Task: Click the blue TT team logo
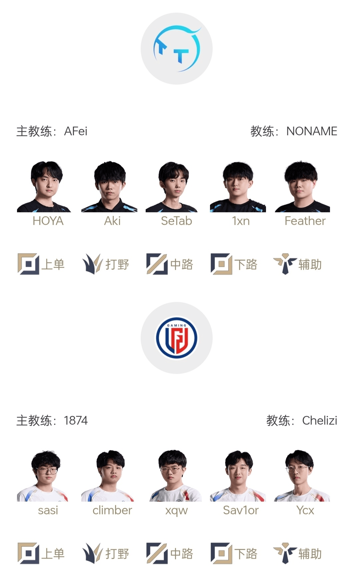[x=177, y=49]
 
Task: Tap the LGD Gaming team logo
[x=177, y=338]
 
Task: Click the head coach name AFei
[x=76, y=131]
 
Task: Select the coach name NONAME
[x=312, y=131]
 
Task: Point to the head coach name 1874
[x=76, y=421]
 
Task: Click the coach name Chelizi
[x=320, y=421]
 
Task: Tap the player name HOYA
[x=48, y=221]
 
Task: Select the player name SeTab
[x=176, y=221]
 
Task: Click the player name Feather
[x=305, y=221]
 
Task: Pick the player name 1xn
[x=241, y=221]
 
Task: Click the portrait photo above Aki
[x=109, y=187]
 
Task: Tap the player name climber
[x=112, y=510]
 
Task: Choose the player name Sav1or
[x=241, y=510]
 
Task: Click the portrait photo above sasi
[x=43, y=476]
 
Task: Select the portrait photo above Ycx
[x=302, y=476]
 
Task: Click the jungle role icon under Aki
[x=92, y=264]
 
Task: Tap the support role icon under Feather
[x=285, y=264]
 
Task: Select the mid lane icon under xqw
[x=157, y=553]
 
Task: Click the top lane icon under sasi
[x=28, y=553]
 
